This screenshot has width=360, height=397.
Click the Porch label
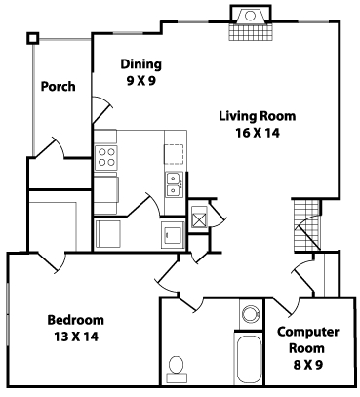tap(59, 86)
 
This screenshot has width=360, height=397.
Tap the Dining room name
tap(140, 64)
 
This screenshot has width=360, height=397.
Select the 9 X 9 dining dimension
tap(140, 81)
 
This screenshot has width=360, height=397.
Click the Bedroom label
tap(75, 320)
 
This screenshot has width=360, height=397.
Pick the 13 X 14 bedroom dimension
tap(75, 337)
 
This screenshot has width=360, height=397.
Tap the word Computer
tap(308, 332)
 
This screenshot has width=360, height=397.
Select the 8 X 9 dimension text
tap(308, 365)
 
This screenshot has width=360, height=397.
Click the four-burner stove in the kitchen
tap(105, 157)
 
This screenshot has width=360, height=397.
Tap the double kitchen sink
tap(173, 184)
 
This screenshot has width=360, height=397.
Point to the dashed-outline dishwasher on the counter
tap(174, 153)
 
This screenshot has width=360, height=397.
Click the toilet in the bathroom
tap(178, 368)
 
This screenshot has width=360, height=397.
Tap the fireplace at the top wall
tap(248, 21)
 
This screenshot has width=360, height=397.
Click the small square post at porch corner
tap(33, 38)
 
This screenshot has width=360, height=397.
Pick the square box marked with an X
tap(199, 218)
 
